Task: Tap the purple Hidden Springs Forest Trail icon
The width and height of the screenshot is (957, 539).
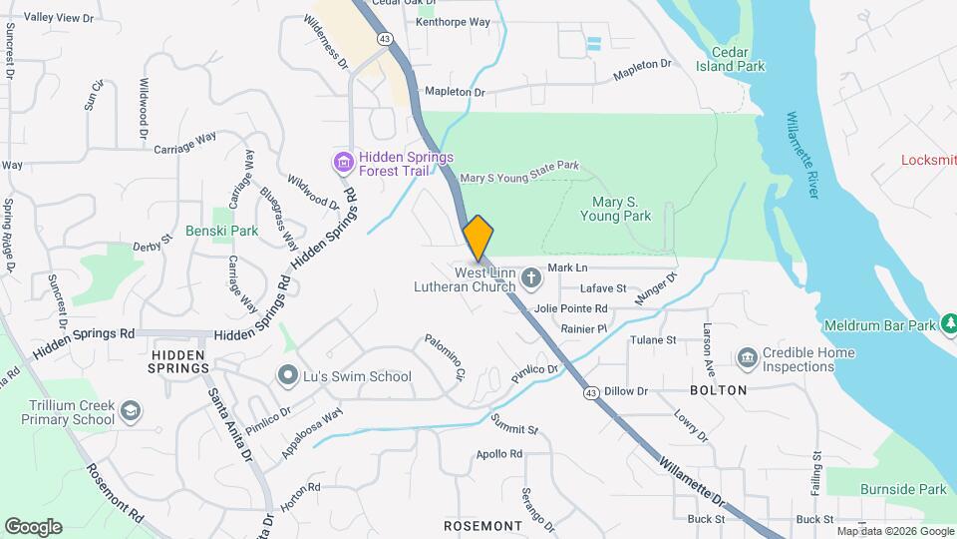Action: (x=344, y=162)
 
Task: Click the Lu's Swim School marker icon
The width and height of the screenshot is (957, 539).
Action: (x=288, y=375)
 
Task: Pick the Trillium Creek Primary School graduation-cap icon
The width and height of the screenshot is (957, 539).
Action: (x=131, y=411)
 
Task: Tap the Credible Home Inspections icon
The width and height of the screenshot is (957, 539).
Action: (x=746, y=358)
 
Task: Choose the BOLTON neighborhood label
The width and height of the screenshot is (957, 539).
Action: (x=718, y=389)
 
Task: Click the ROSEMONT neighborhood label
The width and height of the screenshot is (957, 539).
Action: (x=482, y=525)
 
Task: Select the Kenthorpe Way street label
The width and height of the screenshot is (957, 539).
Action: (x=453, y=21)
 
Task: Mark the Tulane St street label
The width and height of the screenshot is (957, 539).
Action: (x=653, y=340)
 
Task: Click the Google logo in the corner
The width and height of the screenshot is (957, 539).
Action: (x=33, y=526)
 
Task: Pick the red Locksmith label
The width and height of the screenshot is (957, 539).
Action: (x=928, y=160)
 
